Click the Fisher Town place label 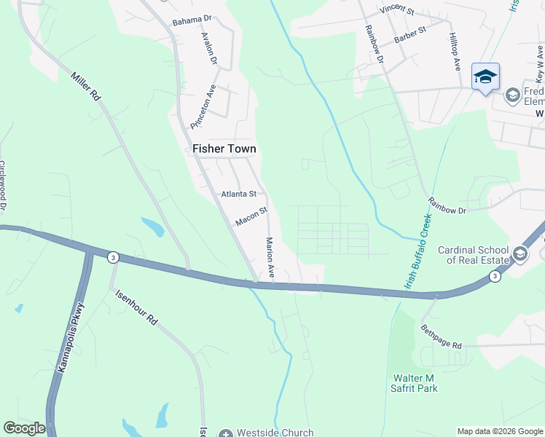pyautogui.click(x=224, y=149)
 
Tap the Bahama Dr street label pyautogui.click(x=192, y=20)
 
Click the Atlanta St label pyautogui.click(x=239, y=194)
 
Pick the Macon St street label pyautogui.click(x=252, y=216)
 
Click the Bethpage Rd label pyautogui.click(x=441, y=336)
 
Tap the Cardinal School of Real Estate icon pyautogui.click(x=520, y=254)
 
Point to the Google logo pyautogui.click(x=23, y=428)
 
